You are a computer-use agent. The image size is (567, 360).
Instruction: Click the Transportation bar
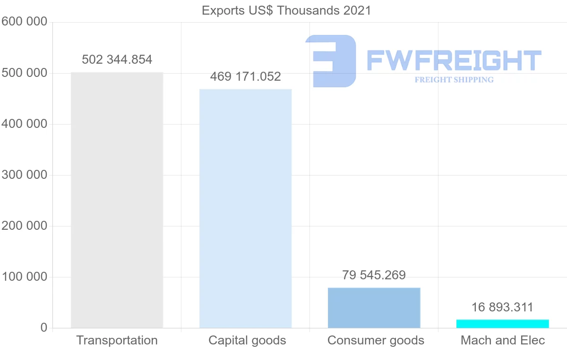[117, 200]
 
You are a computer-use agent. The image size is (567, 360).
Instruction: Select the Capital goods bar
[245, 208]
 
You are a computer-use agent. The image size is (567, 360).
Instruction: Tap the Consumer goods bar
[374, 308]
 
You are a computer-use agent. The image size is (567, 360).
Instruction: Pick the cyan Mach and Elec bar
[502, 324]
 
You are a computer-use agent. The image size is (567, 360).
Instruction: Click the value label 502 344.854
[117, 60]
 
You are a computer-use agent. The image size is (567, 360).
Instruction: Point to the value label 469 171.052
[245, 76]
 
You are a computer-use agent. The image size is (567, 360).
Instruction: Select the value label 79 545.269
[374, 276]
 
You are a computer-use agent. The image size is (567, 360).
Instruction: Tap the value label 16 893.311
[502, 308]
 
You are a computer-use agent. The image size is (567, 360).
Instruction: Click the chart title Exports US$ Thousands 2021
[286, 10]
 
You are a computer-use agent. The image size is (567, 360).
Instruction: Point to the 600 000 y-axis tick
[24, 22]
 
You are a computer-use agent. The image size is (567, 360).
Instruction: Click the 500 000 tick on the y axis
[24, 73]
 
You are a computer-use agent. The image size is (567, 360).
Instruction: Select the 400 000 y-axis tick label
[24, 124]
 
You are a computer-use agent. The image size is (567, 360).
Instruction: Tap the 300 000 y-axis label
[24, 175]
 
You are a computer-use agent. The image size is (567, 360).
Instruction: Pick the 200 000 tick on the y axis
[24, 226]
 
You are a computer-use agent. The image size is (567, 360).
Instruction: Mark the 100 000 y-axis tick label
[24, 277]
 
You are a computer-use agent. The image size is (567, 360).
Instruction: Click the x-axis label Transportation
[117, 340]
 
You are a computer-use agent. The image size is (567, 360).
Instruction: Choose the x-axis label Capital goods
[247, 340]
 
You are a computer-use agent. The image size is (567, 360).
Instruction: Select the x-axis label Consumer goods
[376, 340]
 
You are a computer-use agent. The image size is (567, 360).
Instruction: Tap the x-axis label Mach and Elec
[503, 340]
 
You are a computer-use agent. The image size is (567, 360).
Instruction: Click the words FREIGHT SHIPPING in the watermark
[454, 80]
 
